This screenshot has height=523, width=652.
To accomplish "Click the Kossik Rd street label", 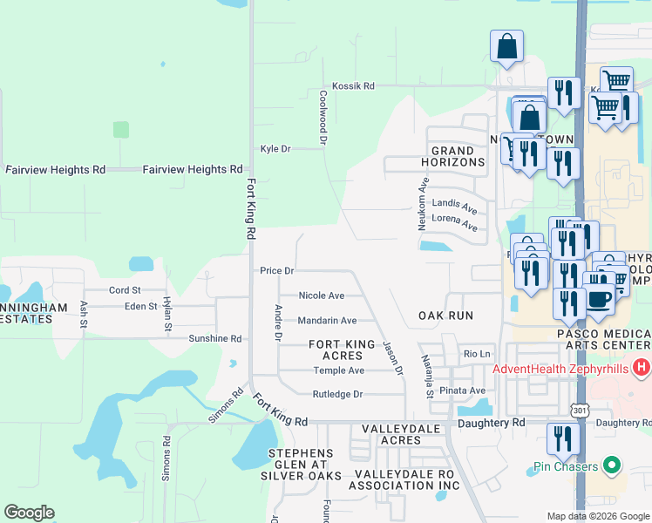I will tap(357, 86).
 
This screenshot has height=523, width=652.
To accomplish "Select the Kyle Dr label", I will tap(275, 149).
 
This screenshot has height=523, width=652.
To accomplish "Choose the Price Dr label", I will tap(276, 271).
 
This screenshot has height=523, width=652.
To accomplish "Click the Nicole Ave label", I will tap(321, 295).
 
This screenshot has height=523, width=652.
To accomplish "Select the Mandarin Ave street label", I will tap(327, 321).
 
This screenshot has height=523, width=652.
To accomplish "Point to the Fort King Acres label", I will tap(336, 350).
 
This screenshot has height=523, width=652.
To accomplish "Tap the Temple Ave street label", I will tap(338, 370).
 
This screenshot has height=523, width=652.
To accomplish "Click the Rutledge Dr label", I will tap(337, 395).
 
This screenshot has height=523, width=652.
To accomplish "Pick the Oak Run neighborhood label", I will tap(445, 316).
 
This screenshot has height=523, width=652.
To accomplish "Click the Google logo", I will tap(29, 513).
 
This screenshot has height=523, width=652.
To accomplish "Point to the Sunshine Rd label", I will tap(214, 338).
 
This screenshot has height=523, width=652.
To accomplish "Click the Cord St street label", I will tap(125, 290).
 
